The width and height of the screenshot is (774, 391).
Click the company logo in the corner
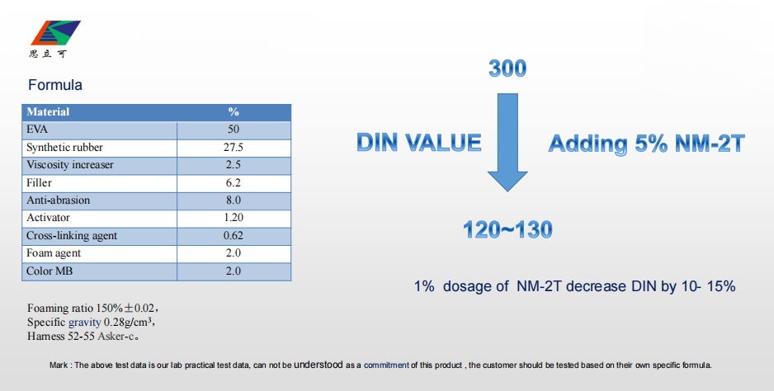click(x=54, y=39)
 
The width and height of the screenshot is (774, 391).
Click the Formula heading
click(x=55, y=85)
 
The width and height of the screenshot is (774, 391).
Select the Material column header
click(x=48, y=111)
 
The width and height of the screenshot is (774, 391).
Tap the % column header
click(x=234, y=111)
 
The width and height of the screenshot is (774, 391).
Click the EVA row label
click(x=37, y=130)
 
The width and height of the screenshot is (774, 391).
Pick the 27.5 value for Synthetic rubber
click(x=233, y=147)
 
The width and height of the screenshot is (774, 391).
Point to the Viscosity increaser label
click(x=70, y=165)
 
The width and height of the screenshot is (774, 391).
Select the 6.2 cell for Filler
click(x=233, y=182)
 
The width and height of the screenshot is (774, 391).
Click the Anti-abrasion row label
click(x=59, y=200)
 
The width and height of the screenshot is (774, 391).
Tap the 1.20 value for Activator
click(x=233, y=218)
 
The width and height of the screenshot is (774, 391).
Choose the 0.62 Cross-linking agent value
click(x=233, y=235)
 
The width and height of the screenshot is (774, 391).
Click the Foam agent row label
click(x=54, y=253)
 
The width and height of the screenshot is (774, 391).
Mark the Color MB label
click(x=50, y=271)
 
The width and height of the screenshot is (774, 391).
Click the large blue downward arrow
click(x=507, y=142)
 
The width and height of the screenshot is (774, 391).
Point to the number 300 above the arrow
click(x=507, y=68)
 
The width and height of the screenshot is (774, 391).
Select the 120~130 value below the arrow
click(x=507, y=229)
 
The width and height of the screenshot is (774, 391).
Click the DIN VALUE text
click(x=418, y=143)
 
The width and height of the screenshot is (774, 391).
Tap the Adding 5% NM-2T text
click(x=646, y=144)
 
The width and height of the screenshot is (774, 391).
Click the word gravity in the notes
click(x=84, y=323)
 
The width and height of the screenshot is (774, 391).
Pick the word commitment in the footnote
click(x=386, y=365)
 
